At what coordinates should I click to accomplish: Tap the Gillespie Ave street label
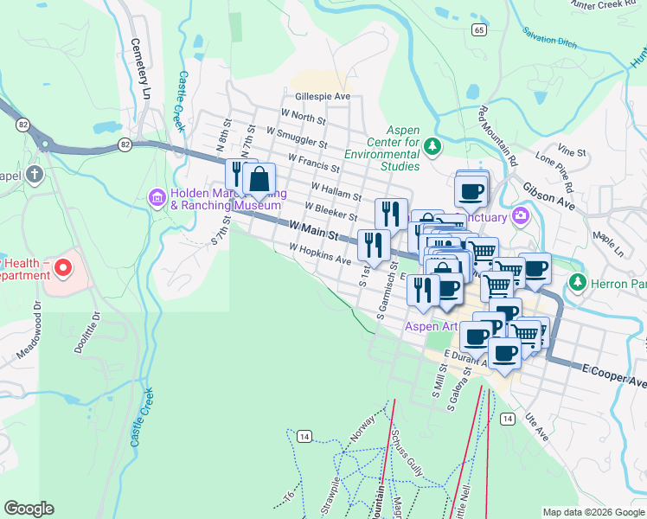[322, 97]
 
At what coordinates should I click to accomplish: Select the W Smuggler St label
[297, 138]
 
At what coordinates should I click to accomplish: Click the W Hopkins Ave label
[320, 253]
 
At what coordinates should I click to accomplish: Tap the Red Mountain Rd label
[496, 137]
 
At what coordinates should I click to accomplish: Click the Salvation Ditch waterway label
[550, 36]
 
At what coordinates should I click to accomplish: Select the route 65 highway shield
[479, 29]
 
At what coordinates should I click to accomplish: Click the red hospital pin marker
[61, 268]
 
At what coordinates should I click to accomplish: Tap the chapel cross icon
[34, 176]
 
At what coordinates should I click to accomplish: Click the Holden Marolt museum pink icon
[157, 198]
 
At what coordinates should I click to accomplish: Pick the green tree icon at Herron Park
[578, 283]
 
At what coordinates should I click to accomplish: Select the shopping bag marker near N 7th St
[259, 180]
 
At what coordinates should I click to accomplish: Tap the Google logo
[29, 509]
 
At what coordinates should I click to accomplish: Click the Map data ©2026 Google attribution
[593, 512]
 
